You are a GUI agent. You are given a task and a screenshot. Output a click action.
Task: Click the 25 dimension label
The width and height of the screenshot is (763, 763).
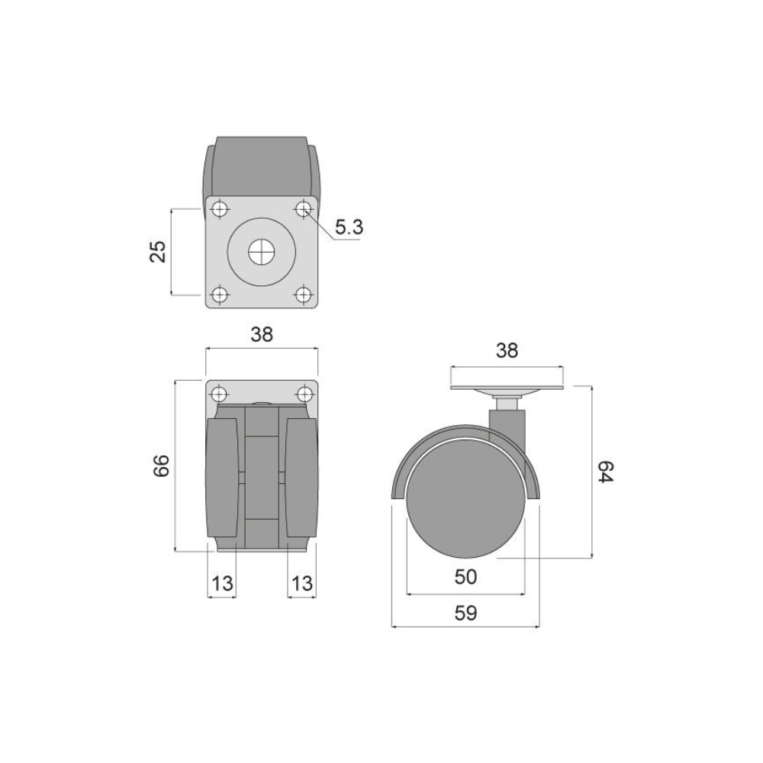pos(158,251)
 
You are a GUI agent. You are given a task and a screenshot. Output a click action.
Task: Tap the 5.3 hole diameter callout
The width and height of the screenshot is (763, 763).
pos(348,227)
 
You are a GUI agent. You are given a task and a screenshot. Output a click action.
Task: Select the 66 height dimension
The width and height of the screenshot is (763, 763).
pos(161,465)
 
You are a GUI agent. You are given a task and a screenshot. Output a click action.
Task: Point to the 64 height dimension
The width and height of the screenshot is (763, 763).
pos(605,472)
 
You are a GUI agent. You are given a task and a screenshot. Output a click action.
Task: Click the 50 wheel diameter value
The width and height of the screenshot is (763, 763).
pos(465,577)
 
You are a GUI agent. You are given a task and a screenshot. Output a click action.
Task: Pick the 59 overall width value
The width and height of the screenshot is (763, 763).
pos(465,613)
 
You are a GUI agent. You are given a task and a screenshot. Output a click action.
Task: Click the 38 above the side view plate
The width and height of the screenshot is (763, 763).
pos(507,350)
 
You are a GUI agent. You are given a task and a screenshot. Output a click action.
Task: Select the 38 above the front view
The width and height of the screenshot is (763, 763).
pos(261,333)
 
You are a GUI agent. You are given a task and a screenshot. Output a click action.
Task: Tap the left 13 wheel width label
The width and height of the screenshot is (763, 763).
pos(222,584)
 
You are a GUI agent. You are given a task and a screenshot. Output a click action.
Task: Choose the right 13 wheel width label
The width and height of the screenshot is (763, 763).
pos(301,584)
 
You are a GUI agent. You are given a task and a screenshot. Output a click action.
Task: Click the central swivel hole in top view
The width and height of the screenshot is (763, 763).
pos(262,251)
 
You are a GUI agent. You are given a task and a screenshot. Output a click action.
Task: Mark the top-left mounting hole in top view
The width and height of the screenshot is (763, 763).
pos(220,208)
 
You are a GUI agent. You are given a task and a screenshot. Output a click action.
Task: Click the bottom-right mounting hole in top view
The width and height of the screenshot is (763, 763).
pos(304,294)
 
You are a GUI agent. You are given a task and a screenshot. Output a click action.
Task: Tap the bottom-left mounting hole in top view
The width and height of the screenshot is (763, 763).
pos(220,294)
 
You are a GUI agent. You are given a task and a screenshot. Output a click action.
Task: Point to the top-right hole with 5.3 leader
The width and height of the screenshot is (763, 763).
pos(304,208)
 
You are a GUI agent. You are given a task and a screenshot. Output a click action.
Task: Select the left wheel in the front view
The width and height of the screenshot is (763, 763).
pos(225,481)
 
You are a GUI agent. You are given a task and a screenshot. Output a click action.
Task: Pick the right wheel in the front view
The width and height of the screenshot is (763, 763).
pos(299,481)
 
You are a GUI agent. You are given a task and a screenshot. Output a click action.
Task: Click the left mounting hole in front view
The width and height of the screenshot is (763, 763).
pos(220,394)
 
